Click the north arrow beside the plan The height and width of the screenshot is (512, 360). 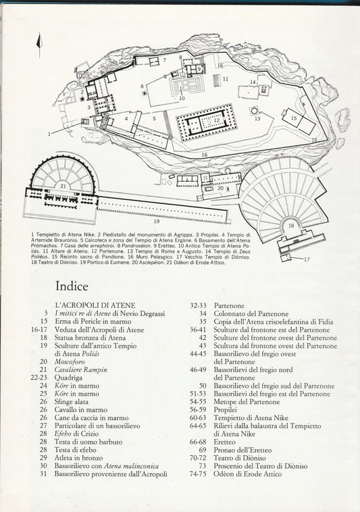[x=39, y=45]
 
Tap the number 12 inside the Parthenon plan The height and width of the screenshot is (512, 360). [x=217, y=120]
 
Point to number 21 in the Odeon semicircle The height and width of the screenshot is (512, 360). [x=63, y=186]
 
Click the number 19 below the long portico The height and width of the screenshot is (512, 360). [x=157, y=222]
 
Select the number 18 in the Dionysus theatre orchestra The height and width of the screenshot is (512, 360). [x=292, y=226]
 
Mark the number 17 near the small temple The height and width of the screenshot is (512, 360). [x=306, y=259]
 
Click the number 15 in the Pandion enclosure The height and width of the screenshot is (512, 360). [x=294, y=118]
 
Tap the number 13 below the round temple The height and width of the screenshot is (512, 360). [x=257, y=119]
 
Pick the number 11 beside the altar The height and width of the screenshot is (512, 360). [x=225, y=79]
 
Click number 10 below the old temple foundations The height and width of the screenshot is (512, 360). [x=182, y=99]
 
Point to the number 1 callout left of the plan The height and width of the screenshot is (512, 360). [x=49, y=134]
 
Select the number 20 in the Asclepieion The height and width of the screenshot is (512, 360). [x=221, y=188]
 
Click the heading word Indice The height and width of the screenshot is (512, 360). [x=72, y=286]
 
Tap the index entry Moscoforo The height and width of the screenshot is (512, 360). [x=70, y=362]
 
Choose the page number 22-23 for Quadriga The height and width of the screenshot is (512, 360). [x=39, y=378]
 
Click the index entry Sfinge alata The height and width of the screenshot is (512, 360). [x=72, y=402]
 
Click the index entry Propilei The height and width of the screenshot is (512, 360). [x=225, y=410]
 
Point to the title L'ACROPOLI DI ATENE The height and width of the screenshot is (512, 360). [x=95, y=305]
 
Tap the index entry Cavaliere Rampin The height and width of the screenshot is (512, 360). [x=80, y=369]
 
